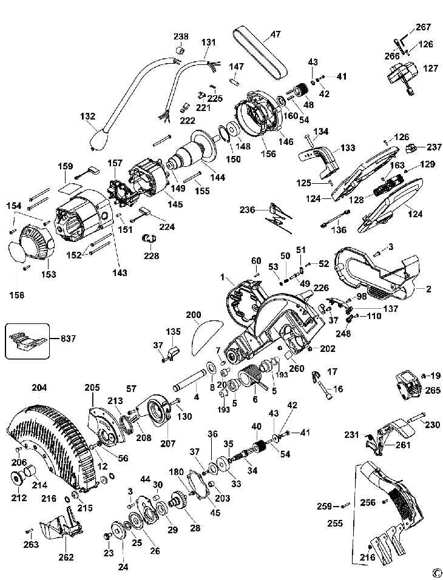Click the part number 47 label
coord(276,35)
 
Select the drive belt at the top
coord(260,53)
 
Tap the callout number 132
coord(88,116)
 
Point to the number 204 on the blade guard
coord(39,388)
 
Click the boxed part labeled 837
coord(27,341)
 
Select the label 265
coord(433,390)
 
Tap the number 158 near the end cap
coord(17,295)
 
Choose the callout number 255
coord(335,523)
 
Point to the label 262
coord(66,557)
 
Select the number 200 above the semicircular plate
coord(194,315)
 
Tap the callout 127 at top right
coord(430,69)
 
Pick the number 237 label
coord(434,147)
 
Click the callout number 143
coord(120,272)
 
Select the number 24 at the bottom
coord(123,566)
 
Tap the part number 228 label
coord(151,255)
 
